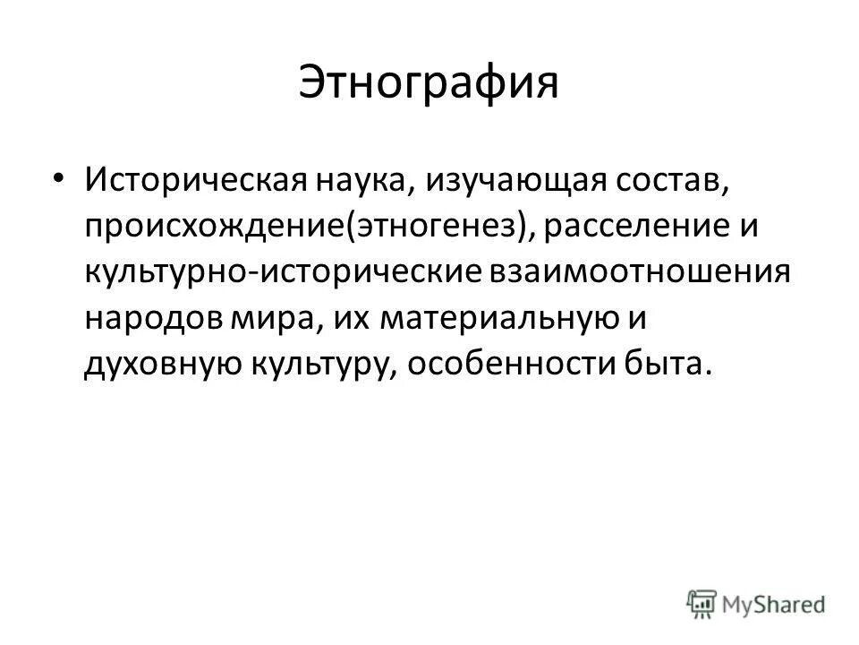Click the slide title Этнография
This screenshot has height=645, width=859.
pos(429,82)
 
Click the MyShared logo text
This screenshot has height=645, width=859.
pos(776,604)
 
